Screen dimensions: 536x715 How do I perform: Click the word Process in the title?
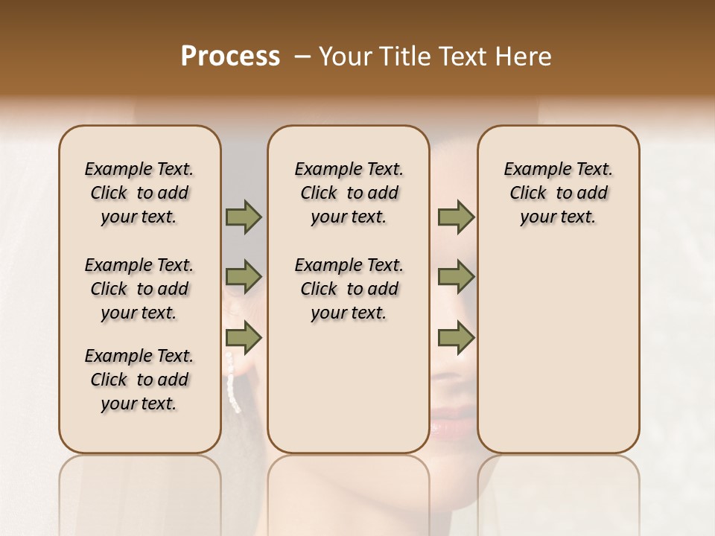coord(230,57)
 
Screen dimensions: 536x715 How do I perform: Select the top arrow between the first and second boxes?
coord(244,217)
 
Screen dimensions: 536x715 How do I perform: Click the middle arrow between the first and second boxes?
coord(244,278)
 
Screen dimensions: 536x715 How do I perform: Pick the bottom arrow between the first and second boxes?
coord(244,338)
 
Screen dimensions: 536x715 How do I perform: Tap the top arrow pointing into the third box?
coord(456,217)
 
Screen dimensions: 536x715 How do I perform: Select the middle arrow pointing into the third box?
coord(456,278)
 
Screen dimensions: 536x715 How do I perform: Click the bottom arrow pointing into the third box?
coord(456,338)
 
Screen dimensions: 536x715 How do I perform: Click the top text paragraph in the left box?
coord(139,193)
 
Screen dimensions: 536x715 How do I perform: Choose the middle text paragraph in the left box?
coord(139,289)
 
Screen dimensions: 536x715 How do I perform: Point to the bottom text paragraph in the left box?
coord(139,380)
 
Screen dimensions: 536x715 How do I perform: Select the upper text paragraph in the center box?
coord(349,193)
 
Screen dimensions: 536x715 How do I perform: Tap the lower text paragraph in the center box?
coord(349,289)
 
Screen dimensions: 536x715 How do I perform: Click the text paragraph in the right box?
coord(558,193)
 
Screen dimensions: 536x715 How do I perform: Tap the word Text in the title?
coord(465,57)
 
